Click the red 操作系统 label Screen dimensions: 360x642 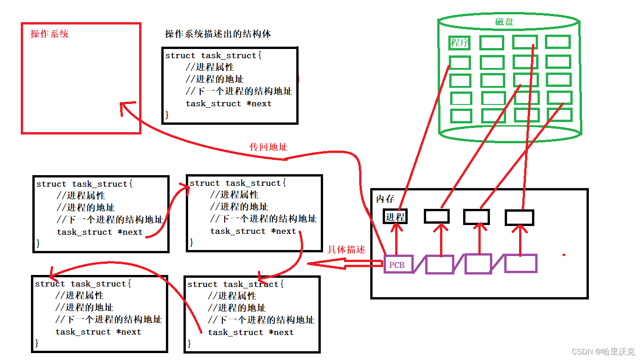tap(49, 34)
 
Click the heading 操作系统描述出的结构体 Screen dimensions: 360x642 tap(218, 34)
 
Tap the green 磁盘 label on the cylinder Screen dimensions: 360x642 tap(504, 22)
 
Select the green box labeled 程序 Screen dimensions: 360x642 tap(459, 43)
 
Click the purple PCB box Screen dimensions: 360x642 tap(398, 265)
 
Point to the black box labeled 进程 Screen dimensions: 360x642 tap(395, 217)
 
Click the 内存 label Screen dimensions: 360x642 tap(385, 199)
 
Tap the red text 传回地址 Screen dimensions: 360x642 tap(268, 147)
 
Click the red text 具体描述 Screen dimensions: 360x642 tap(346, 250)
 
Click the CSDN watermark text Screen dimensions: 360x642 tap(603, 352)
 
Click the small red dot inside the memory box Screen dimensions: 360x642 tap(563, 255)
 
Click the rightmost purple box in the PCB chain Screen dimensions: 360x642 tap(520, 263)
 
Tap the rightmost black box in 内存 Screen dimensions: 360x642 tap(519, 217)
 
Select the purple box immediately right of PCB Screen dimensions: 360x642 tap(439, 265)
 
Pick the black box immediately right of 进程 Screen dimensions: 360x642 tap(436, 216)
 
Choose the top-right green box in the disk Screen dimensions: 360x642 tap(557, 42)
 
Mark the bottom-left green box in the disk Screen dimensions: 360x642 tap(460, 116)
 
